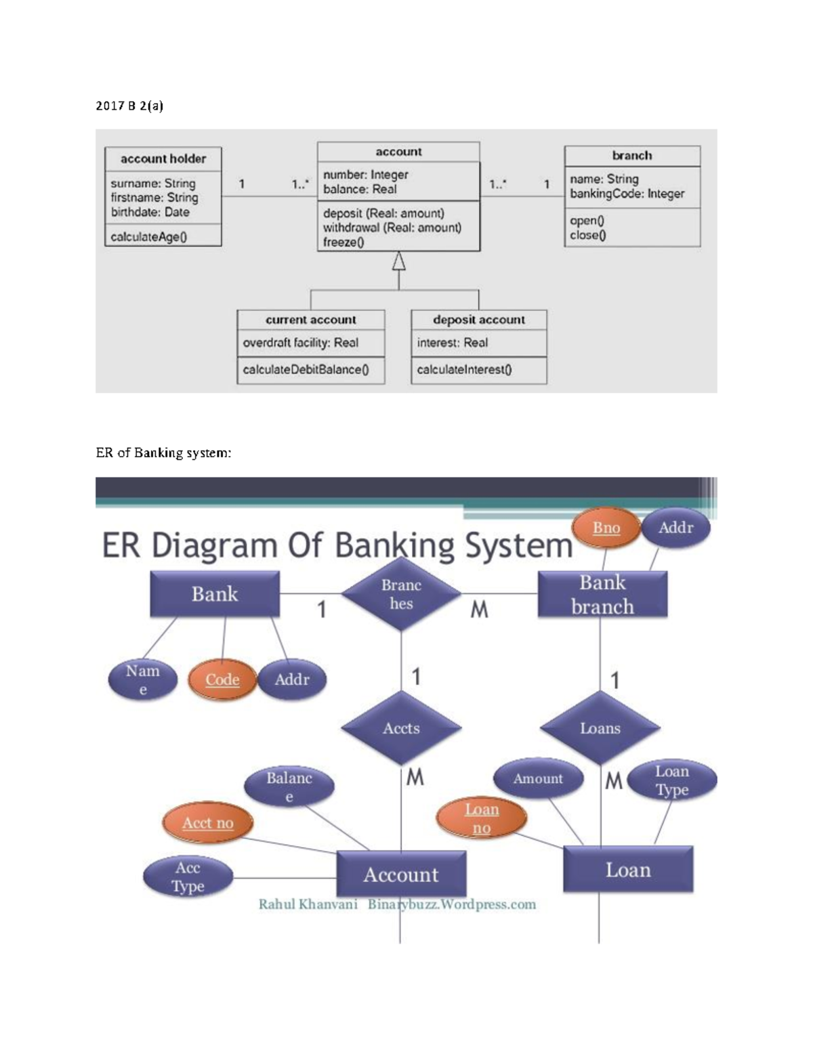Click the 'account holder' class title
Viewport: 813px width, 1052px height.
[x=163, y=159]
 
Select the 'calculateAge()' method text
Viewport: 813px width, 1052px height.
[x=148, y=237]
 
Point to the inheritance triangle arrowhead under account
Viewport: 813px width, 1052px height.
[x=399, y=261]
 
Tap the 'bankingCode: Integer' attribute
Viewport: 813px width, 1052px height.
[x=627, y=194]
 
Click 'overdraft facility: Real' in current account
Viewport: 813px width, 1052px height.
[x=300, y=343]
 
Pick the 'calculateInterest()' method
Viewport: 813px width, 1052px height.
[x=464, y=370]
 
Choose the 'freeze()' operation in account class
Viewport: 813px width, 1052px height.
[x=343, y=243]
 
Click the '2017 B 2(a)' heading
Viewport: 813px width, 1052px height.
[x=129, y=106]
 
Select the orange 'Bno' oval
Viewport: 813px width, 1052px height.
[x=606, y=528]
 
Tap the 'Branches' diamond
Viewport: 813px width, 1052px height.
[x=401, y=594]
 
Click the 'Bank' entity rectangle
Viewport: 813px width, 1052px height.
[x=215, y=594]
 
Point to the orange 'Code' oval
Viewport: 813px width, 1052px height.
[x=222, y=679]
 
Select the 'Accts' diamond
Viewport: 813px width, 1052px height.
[x=401, y=728]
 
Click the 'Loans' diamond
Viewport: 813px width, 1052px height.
[x=600, y=728]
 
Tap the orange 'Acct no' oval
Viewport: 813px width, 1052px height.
[x=207, y=823]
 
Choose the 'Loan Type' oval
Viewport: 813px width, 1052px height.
[x=671, y=780]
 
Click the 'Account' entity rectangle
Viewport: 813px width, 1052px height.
[x=401, y=875]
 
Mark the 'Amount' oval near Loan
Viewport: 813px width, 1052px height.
[x=538, y=779]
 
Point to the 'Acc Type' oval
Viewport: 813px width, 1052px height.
[x=188, y=877]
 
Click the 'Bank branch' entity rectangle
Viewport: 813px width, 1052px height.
[x=602, y=594]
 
